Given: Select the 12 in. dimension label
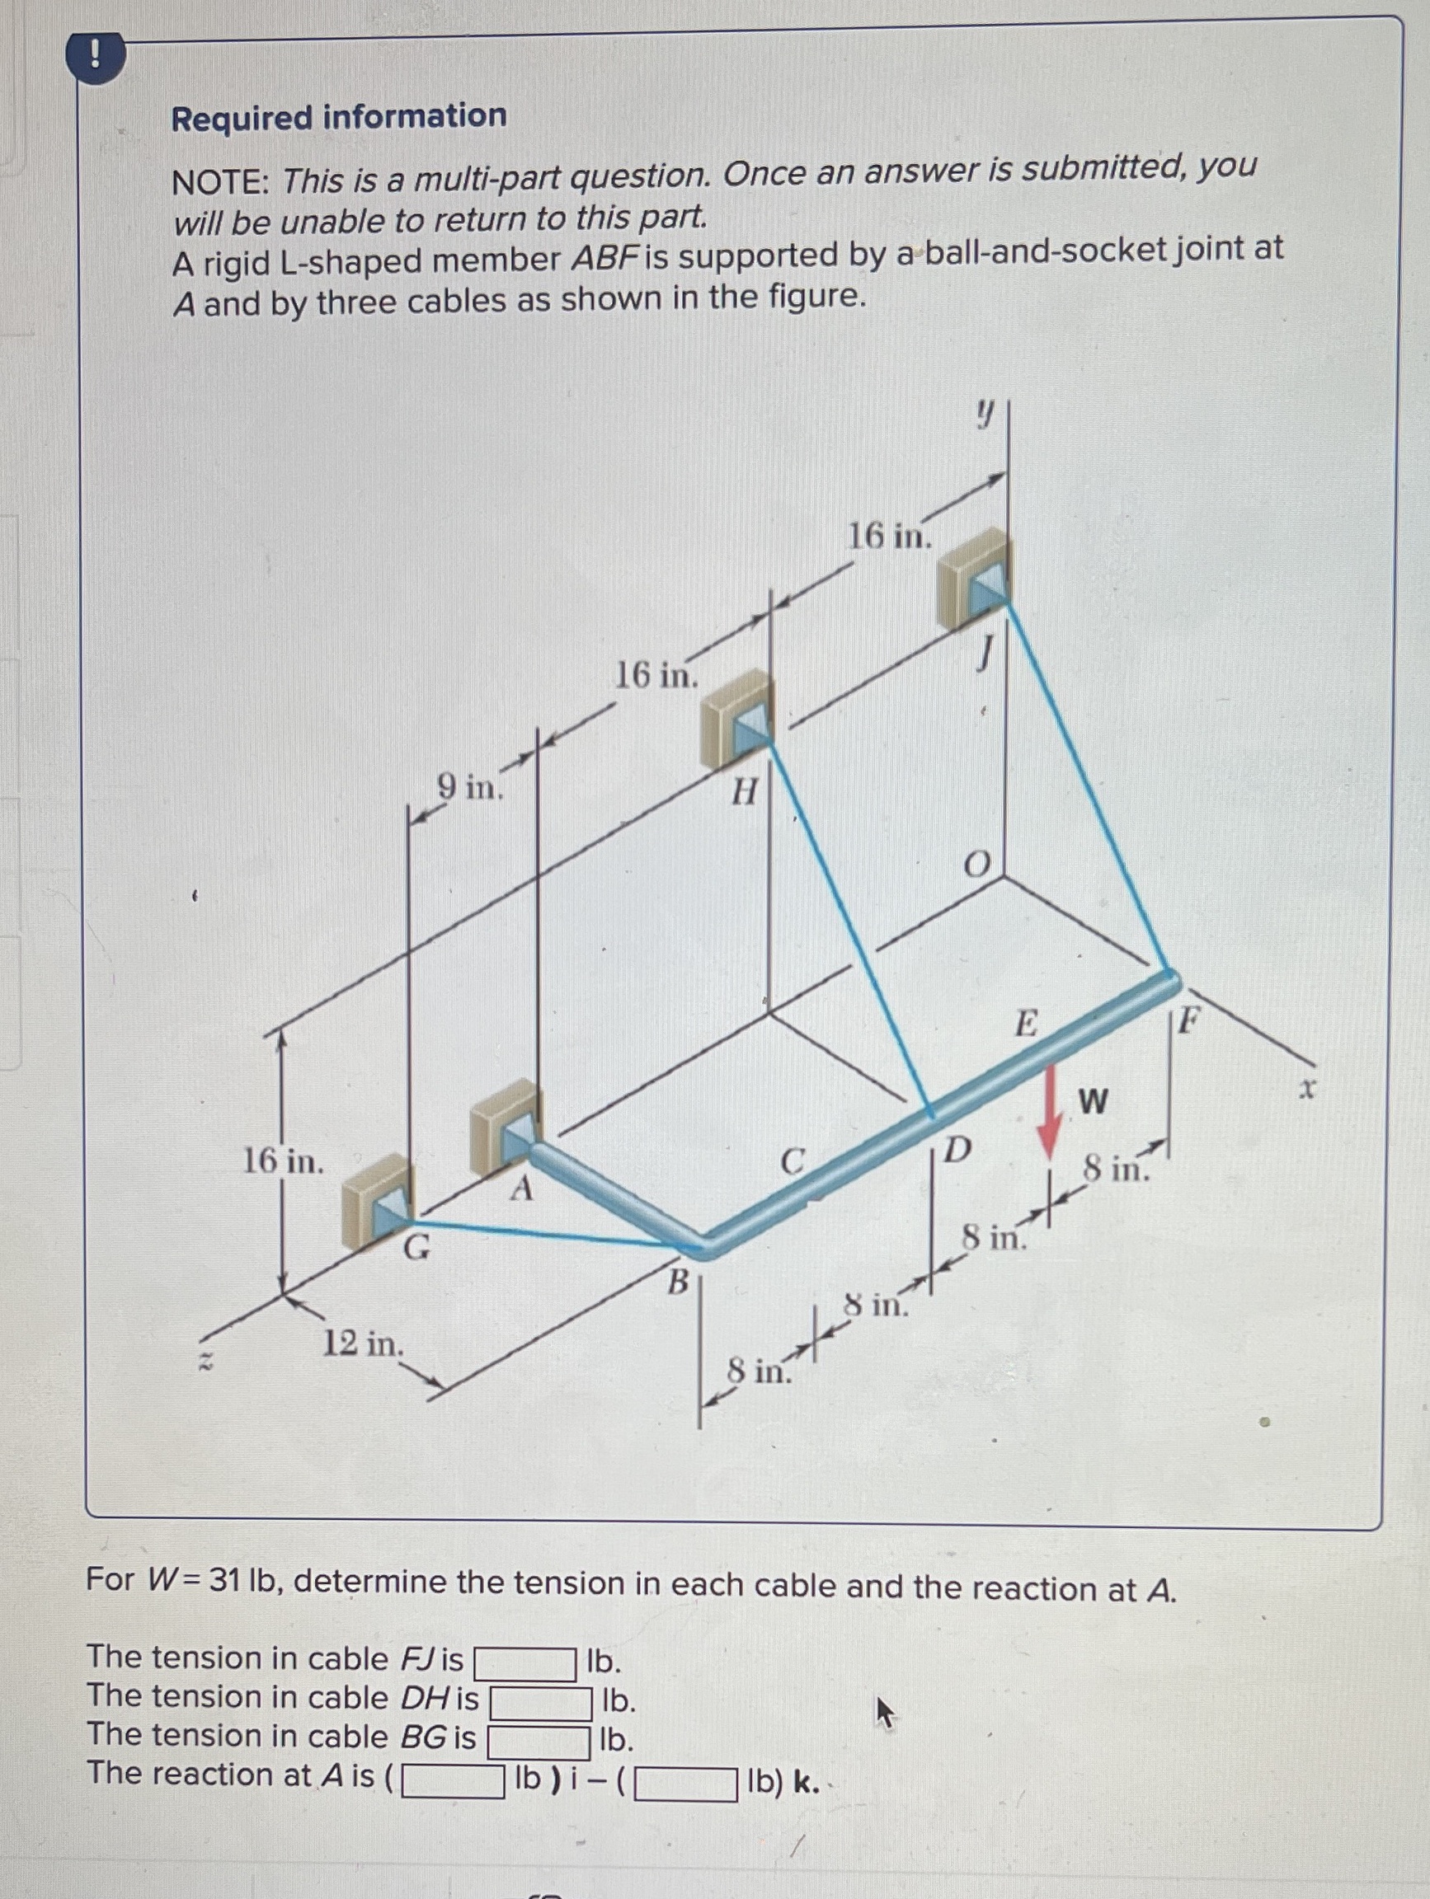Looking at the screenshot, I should pyautogui.click(x=362, y=1343).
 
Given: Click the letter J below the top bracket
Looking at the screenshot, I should pyautogui.click(x=986, y=659).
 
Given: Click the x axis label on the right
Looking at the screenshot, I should pyautogui.click(x=1306, y=1090).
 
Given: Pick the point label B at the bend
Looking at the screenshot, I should pyautogui.click(x=679, y=1282).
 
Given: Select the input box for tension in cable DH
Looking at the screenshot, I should pyautogui.click(x=541, y=1702).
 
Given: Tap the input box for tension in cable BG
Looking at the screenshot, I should pyautogui.click(x=539, y=1741).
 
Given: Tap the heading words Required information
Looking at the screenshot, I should pyautogui.click(x=339, y=117).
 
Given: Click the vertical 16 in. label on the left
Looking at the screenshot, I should pyautogui.click(x=284, y=1162).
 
